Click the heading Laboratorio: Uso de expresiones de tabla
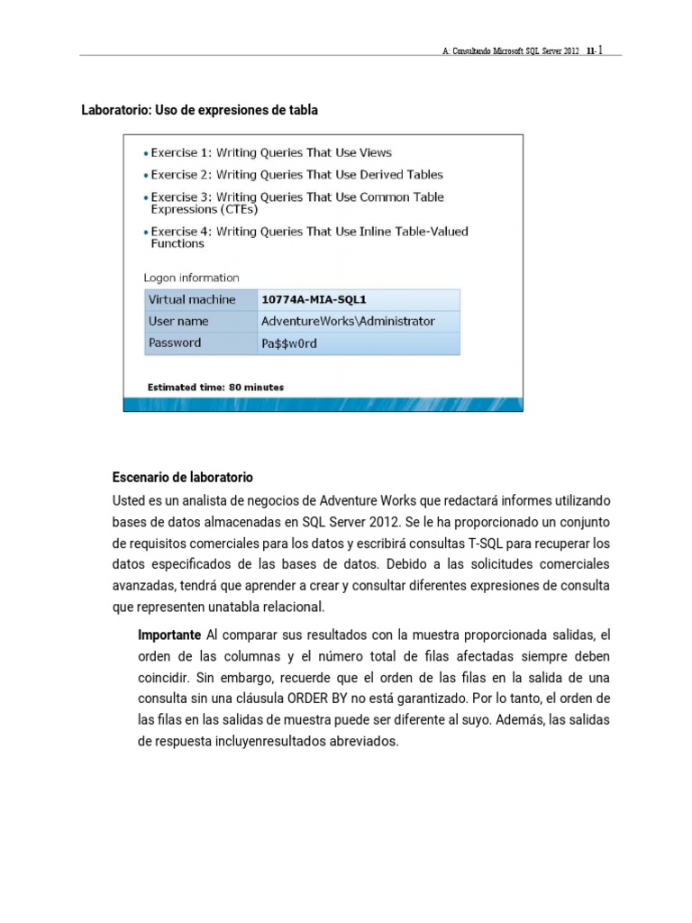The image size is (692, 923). pyautogui.click(x=200, y=110)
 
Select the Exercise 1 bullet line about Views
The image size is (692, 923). pyautogui.click(x=270, y=152)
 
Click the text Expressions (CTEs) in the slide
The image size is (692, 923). pyautogui.click(x=204, y=209)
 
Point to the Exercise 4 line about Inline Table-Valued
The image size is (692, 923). pyautogui.click(x=309, y=232)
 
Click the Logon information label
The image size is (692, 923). pyautogui.click(x=191, y=278)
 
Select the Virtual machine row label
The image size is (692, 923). pyautogui.click(x=192, y=299)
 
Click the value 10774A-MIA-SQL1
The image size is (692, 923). pyautogui.click(x=314, y=299)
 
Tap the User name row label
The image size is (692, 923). pyautogui.click(x=178, y=321)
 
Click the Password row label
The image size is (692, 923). pyautogui.click(x=175, y=343)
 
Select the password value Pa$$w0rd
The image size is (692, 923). pyautogui.click(x=288, y=343)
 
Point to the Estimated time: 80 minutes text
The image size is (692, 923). pyautogui.click(x=215, y=388)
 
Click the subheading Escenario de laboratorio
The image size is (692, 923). pyautogui.click(x=183, y=477)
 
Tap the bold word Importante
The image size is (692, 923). pyautogui.click(x=168, y=635)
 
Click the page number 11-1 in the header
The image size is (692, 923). pyautogui.click(x=595, y=52)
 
